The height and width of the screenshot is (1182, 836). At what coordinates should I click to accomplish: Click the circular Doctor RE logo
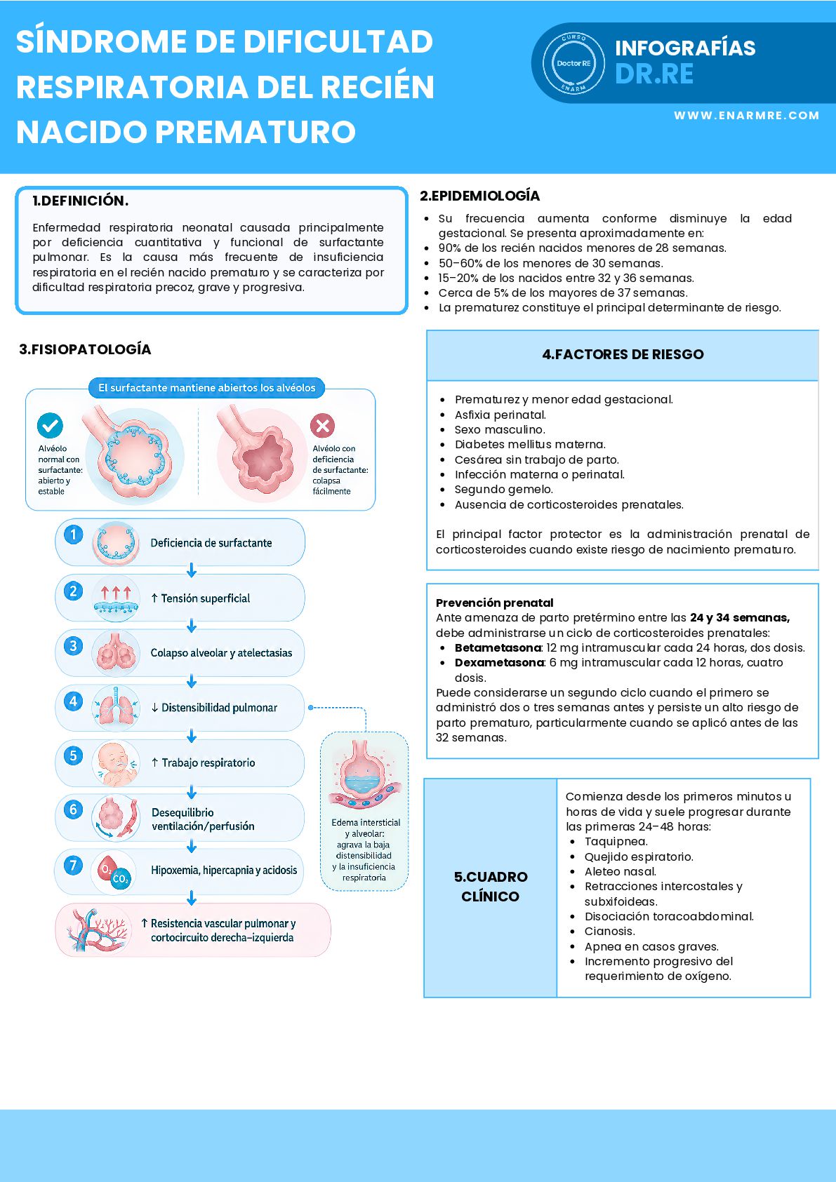573,63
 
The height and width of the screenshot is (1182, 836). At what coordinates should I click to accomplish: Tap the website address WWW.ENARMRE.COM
746,116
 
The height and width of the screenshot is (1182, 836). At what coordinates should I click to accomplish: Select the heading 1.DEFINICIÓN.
80,201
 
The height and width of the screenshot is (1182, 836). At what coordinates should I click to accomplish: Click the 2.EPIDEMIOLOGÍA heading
479,196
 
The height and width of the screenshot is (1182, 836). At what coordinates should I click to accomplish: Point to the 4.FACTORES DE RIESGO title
623,354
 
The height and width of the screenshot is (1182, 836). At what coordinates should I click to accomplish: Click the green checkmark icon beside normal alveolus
50,425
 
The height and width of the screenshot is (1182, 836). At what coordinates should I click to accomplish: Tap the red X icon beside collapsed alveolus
323,425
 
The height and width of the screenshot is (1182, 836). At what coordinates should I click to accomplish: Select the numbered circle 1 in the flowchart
74,535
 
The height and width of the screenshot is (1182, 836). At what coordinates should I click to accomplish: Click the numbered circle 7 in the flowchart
74,866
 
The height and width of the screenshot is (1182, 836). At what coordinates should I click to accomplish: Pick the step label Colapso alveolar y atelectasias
221,653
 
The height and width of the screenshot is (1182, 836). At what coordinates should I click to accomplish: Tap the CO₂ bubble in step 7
121,878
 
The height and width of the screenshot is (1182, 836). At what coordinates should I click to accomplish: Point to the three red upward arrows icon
116,593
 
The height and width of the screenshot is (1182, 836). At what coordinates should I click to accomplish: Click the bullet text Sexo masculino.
500,429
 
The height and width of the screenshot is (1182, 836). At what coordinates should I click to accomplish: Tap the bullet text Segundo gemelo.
504,489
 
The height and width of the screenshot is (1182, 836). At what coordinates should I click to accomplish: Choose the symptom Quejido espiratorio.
639,857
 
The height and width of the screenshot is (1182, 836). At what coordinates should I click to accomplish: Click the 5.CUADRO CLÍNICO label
491,886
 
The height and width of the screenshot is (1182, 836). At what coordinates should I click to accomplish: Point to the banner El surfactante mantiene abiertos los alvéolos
206,388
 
